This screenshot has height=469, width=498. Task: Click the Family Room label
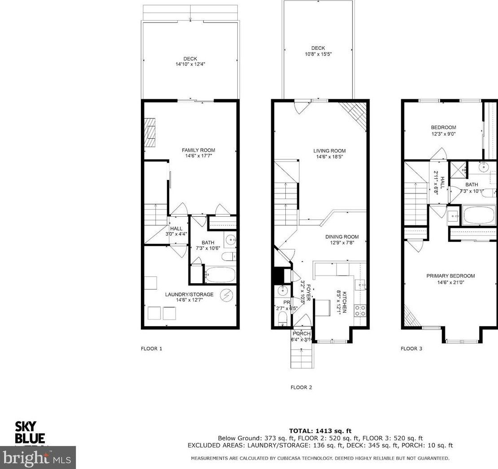coord(198,150)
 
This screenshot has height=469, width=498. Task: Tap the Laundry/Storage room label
coord(189,294)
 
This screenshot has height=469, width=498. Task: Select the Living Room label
coord(329,151)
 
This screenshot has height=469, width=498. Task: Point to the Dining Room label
coord(342,237)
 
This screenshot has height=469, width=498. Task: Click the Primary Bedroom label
coord(450,276)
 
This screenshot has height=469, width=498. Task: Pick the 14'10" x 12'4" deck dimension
coord(190,64)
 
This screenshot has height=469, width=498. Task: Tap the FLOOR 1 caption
coord(151,348)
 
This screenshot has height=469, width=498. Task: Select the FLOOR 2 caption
coord(301,387)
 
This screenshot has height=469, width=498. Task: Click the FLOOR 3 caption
coord(411,348)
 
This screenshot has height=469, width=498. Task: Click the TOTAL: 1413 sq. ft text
coord(320,431)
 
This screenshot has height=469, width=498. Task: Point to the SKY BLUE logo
coord(30,432)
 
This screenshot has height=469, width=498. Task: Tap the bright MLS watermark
coord(38,458)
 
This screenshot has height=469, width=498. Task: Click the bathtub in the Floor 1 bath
coord(220,274)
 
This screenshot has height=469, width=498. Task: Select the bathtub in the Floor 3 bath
coord(479,215)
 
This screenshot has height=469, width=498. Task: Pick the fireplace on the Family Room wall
coord(150,133)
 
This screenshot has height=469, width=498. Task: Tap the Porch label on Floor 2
coord(301,333)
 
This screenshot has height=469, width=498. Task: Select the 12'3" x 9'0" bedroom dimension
coord(443,134)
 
